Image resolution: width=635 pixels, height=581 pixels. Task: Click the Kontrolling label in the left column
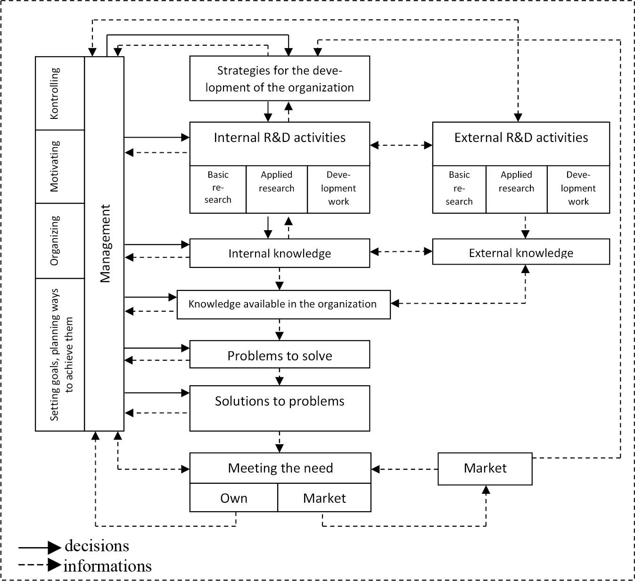[x=55, y=93]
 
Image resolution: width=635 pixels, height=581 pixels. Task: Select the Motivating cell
[x=55, y=166]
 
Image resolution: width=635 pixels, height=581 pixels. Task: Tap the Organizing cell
[x=55, y=241]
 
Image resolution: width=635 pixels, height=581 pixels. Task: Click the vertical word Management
[x=105, y=243]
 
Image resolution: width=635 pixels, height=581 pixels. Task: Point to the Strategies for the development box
[x=280, y=79]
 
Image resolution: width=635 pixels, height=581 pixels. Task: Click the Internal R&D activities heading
[x=280, y=138]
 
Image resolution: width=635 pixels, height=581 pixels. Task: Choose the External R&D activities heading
[x=521, y=138]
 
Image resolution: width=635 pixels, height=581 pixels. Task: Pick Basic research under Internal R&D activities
[x=218, y=187]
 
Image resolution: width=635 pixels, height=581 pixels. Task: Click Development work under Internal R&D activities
[x=338, y=188]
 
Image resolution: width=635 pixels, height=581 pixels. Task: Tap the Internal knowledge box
[x=280, y=253]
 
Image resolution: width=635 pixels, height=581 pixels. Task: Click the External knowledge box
[x=521, y=253]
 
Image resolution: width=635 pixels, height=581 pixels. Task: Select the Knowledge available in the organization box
[x=283, y=304]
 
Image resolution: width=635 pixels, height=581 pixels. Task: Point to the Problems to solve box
[x=280, y=356]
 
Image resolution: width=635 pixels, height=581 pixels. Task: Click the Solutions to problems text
[x=280, y=401]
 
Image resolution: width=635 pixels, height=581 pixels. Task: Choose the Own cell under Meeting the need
[x=234, y=498]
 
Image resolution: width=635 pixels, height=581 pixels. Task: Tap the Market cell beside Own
[x=324, y=498]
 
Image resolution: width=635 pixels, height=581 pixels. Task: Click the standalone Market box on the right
[x=485, y=468]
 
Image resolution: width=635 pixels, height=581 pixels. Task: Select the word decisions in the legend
[x=97, y=546]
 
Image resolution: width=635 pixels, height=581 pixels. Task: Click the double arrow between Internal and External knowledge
[x=401, y=252]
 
